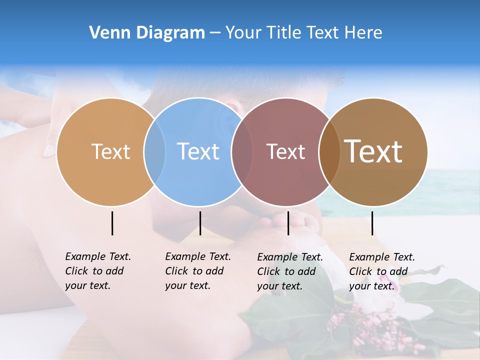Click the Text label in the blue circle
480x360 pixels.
tap(198, 151)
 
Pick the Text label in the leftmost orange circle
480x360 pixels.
tap(110, 151)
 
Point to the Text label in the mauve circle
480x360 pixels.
tap(285, 151)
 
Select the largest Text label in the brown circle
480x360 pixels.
tap(373, 151)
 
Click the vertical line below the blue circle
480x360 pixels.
tap(200, 223)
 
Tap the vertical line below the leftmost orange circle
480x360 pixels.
tap(112, 223)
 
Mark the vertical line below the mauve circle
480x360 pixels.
tap(288, 223)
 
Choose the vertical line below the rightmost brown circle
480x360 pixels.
tap(372, 223)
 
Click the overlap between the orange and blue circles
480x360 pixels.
tap(154, 151)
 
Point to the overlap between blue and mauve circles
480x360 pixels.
tap(242, 151)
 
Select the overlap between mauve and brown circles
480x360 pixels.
tap(328, 151)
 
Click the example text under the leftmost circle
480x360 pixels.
tap(97, 271)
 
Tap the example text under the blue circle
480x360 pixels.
tap(197, 271)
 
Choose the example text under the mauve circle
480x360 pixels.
tap(289, 271)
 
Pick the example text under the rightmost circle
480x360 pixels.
tap(381, 271)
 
